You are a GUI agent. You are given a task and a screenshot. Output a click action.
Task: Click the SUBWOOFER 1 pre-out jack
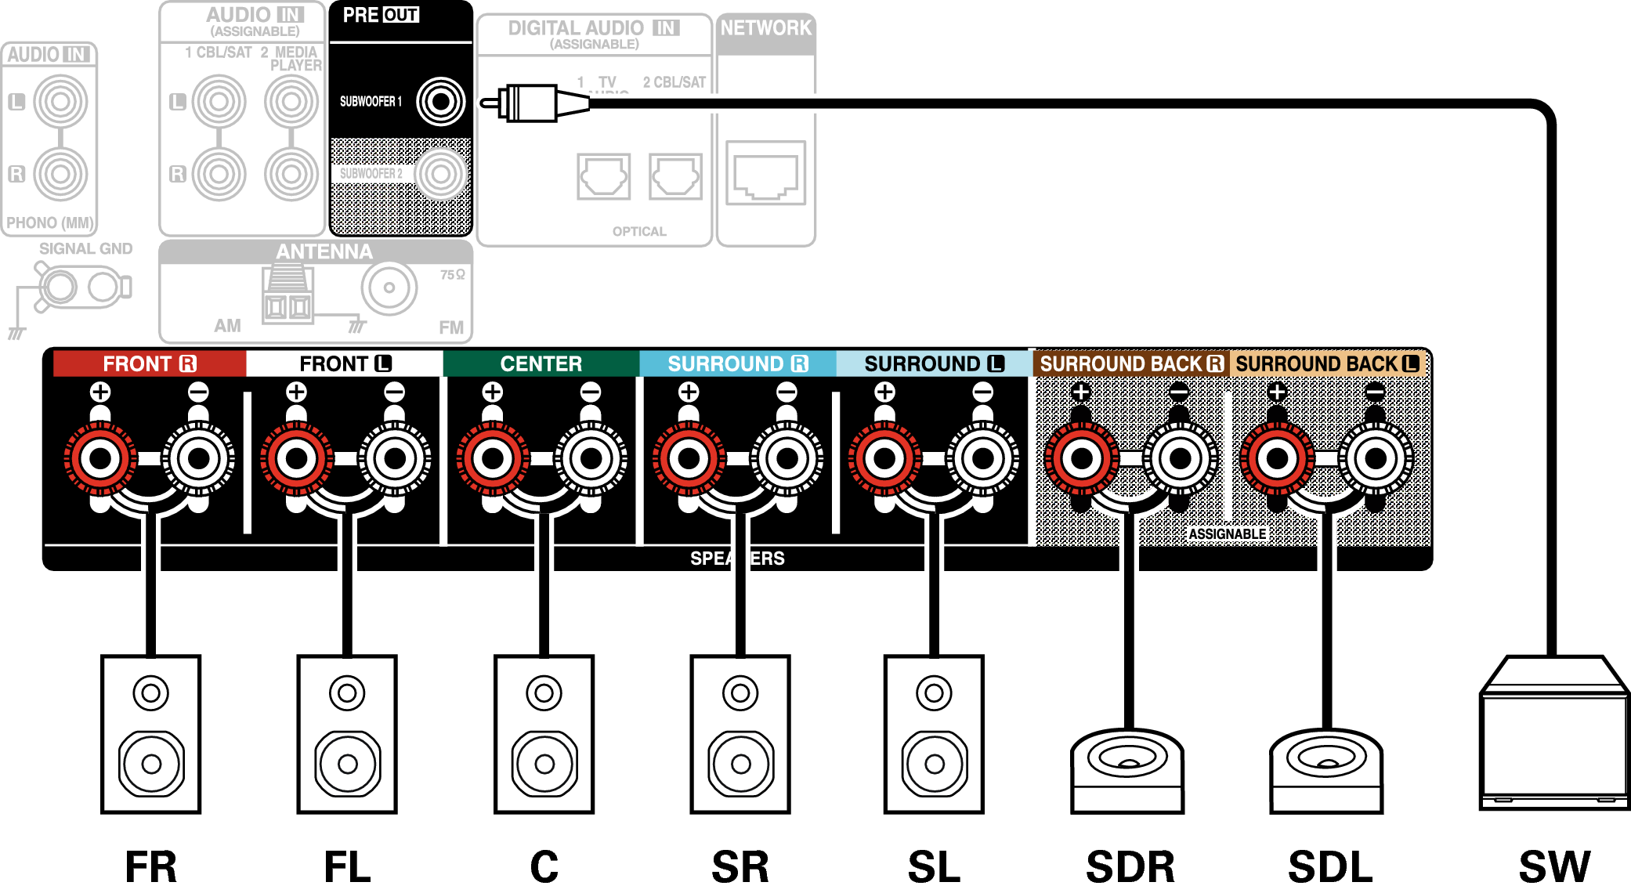[440, 102]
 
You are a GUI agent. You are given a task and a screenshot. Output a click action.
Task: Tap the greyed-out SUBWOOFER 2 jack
[440, 174]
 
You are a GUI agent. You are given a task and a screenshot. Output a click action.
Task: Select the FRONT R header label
[149, 363]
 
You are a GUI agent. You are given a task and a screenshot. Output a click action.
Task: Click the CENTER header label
[541, 363]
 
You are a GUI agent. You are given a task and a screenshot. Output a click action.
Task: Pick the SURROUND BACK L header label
[1327, 363]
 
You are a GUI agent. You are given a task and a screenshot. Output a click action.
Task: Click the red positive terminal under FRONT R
[100, 458]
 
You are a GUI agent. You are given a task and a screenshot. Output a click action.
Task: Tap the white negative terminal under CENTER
[591, 458]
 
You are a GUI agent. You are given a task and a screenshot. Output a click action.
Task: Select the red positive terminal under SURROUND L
[884, 458]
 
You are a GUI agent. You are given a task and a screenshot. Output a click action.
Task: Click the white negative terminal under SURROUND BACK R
[1180, 458]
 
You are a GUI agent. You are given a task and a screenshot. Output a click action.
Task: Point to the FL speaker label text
[347, 866]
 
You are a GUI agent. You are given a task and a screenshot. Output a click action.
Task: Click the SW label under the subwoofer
[1554, 866]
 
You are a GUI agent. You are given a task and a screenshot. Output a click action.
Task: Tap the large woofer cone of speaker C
[544, 763]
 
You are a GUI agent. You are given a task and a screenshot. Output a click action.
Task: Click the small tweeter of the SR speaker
[740, 692]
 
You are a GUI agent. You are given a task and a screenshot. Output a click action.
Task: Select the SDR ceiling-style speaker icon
[1127, 772]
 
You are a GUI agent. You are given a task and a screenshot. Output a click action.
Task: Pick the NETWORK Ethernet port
[765, 173]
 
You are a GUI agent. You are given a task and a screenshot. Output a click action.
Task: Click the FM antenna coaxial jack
[389, 288]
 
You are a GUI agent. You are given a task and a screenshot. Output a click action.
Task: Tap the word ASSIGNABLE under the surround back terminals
[1227, 534]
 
